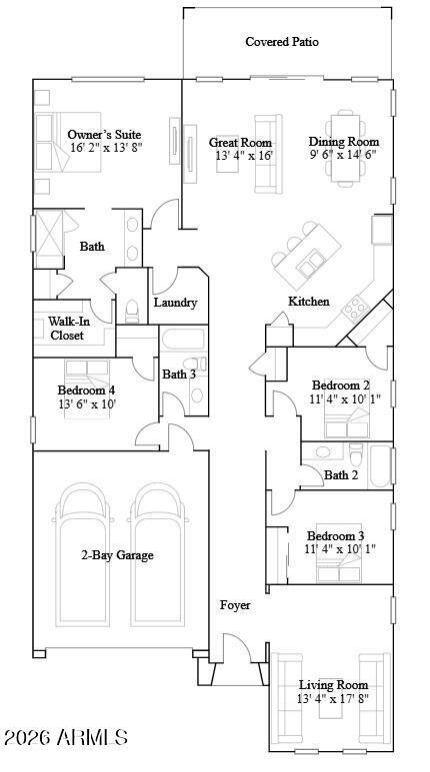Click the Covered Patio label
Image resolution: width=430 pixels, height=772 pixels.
click(x=282, y=42)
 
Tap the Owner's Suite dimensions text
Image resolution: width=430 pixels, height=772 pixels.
click(x=105, y=148)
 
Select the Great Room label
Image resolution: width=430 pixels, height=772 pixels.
click(x=240, y=142)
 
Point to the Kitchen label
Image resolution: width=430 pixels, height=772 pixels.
click(x=309, y=302)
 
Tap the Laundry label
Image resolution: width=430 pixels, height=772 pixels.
click(x=175, y=303)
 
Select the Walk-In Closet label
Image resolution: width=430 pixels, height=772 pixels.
click(x=67, y=329)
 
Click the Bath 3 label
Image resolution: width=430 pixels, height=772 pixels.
click(x=178, y=375)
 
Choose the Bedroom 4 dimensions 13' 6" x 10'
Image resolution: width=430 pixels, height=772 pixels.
click(x=87, y=404)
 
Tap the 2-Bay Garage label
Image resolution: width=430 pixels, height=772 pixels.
click(x=117, y=555)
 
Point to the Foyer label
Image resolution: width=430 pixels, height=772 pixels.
click(x=235, y=605)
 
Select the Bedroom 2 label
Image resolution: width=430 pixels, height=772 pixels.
click(x=341, y=386)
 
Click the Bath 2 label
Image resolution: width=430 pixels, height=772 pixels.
click(x=341, y=475)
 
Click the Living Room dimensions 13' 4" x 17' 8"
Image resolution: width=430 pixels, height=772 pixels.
click(x=333, y=699)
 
